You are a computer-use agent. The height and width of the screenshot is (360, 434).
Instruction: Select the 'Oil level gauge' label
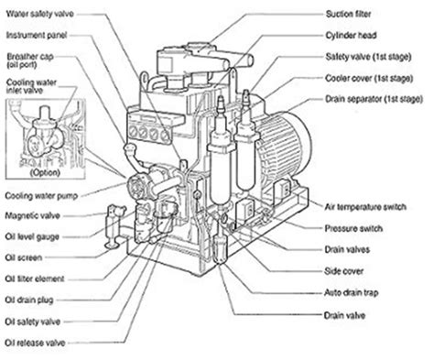point(33,235)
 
